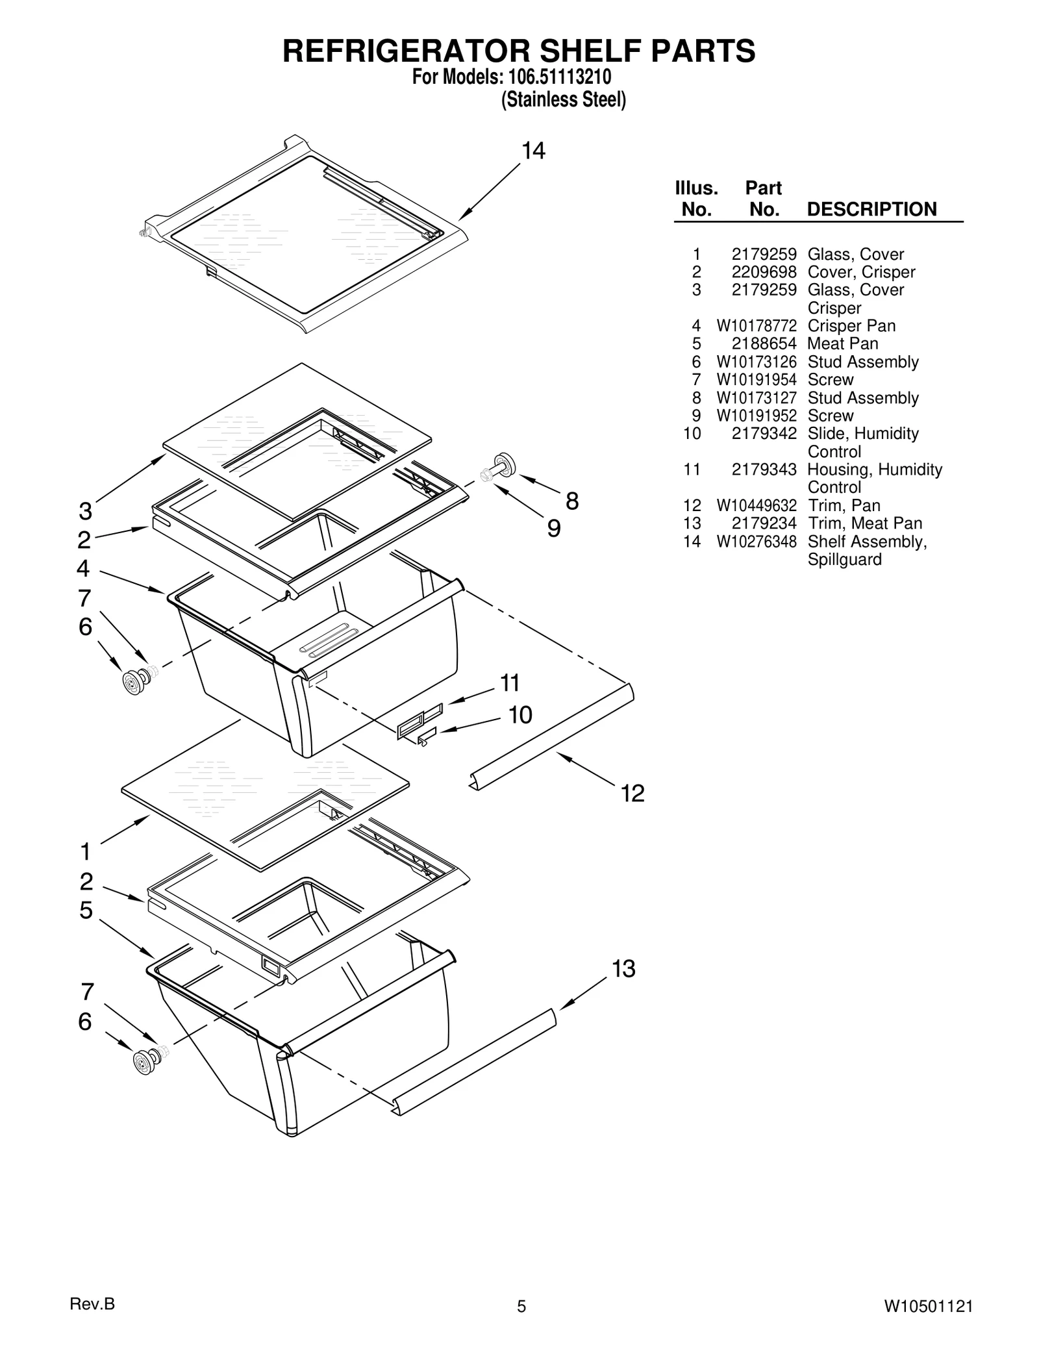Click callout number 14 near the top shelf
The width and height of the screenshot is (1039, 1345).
[x=533, y=151]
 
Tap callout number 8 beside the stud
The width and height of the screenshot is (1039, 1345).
[x=571, y=501]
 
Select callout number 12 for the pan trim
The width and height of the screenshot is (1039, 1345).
[x=632, y=793]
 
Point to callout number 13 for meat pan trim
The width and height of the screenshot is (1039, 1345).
[x=623, y=968]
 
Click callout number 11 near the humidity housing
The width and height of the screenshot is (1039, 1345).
[x=510, y=683]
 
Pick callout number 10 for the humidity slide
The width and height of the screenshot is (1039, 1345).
[x=519, y=714]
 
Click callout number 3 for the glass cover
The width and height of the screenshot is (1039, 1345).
[x=85, y=511]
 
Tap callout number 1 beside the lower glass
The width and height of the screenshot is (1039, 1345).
[x=85, y=851]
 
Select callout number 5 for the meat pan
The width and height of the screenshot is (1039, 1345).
[x=86, y=910]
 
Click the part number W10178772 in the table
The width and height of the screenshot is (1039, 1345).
[x=756, y=326]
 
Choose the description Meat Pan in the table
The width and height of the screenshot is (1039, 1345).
[x=842, y=344]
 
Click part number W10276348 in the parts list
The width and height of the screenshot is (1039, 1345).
[x=756, y=542]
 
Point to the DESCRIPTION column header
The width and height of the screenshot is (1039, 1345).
[x=871, y=209]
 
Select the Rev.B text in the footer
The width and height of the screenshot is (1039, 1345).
[x=92, y=1303]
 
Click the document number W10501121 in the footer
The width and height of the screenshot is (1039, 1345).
[x=928, y=1306]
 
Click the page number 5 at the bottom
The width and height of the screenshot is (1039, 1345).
[x=521, y=1306]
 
